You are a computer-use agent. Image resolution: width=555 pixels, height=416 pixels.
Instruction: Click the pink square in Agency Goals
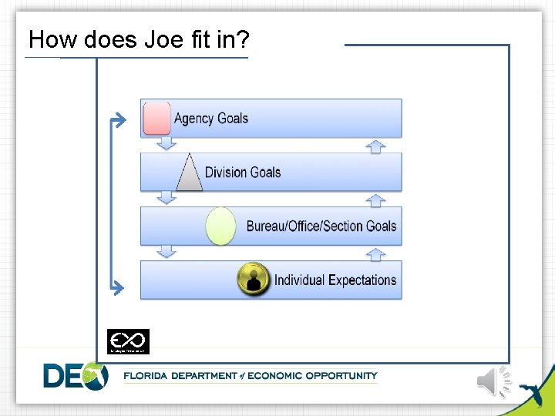[x=157, y=118]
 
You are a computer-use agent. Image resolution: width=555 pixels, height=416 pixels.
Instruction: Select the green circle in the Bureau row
[x=221, y=226]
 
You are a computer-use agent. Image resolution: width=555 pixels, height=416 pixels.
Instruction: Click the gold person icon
[x=254, y=279]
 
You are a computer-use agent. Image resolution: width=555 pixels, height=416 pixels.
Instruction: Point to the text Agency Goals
[x=211, y=118]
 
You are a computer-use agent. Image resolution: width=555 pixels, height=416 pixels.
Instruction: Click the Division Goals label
[x=243, y=172]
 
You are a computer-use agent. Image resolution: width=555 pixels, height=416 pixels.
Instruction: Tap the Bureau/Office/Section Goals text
[x=321, y=226]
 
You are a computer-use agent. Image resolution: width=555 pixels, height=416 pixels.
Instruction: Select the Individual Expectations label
[x=335, y=280]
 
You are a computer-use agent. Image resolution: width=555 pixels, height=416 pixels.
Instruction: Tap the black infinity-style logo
[x=128, y=341]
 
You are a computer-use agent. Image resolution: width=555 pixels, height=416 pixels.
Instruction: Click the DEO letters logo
[x=75, y=376]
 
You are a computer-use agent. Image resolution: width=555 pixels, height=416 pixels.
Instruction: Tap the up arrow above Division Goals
[x=375, y=146]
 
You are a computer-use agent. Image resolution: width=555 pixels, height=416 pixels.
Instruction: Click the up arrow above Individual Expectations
[x=375, y=253]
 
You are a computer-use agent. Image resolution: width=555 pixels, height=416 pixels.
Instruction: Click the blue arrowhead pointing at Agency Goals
[x=118, y=119]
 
